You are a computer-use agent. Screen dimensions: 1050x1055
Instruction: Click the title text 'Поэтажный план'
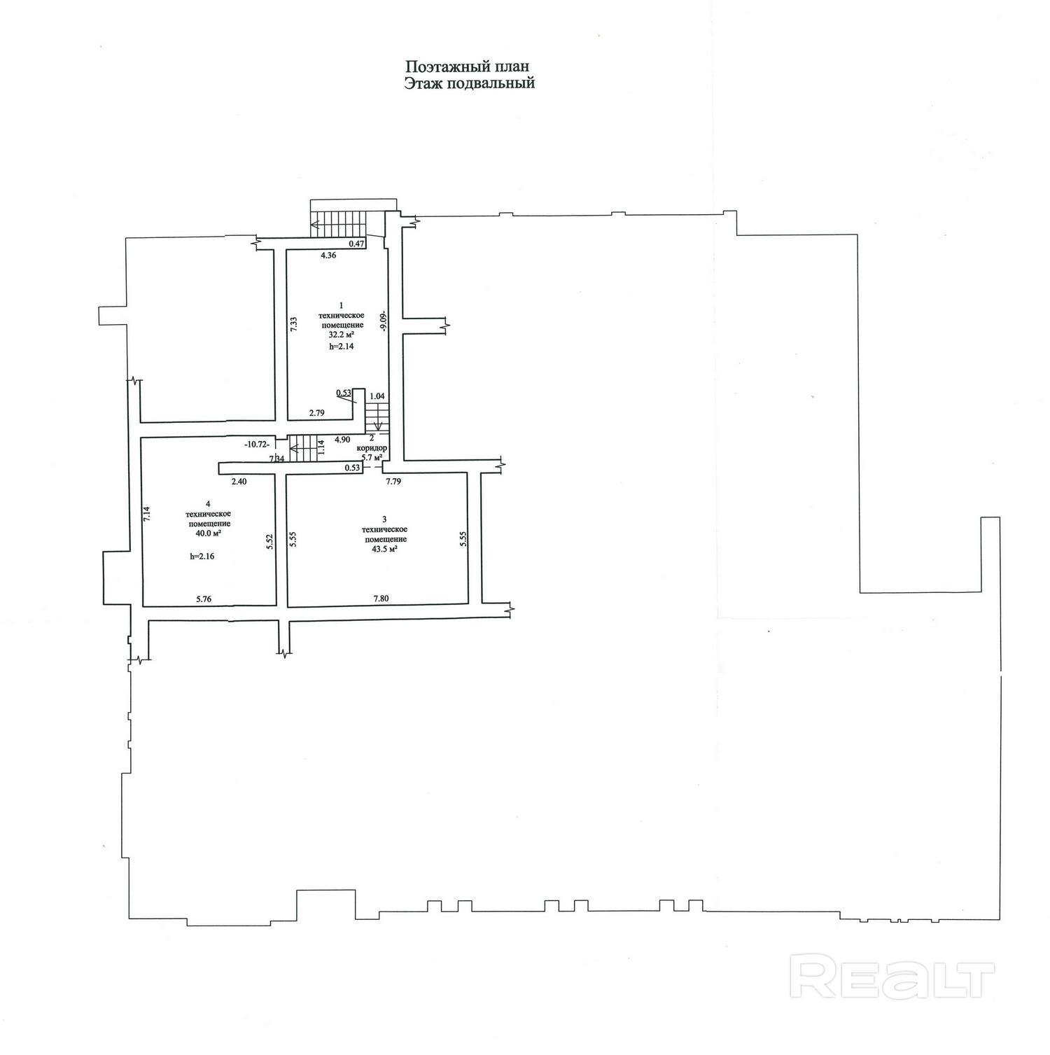tap(468, 67)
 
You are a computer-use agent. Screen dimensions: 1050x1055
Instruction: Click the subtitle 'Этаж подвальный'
tap(469, 83)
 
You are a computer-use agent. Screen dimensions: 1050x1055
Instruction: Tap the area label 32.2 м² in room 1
tap(342, 335)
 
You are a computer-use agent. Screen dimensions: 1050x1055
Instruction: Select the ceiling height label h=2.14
tap(341, 346)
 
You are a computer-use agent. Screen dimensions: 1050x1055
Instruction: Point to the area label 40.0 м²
tap(209, 533)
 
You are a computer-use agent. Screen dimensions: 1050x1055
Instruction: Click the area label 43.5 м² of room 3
tap(384, 549)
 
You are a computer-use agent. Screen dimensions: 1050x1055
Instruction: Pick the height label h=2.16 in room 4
tap(202, 557)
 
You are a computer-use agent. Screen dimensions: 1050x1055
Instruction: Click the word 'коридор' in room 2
tap(372, 447)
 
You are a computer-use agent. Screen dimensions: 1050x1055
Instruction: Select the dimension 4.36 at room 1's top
tap(328, 256)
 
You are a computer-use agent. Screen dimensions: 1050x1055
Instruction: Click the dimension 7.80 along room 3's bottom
tap(381, 598)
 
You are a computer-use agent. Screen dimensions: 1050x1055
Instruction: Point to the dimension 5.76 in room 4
tap(204, 599)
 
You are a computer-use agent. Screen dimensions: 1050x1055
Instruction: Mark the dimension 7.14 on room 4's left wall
tap(147, 515)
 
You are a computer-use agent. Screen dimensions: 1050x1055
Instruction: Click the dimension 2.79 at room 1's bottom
tap(317, 413)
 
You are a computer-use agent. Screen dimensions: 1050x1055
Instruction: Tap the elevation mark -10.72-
tap(256, 444)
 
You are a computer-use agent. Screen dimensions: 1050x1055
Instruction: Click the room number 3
tap(384, 519)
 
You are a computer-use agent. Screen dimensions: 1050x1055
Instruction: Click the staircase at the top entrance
tap(339, 224)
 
